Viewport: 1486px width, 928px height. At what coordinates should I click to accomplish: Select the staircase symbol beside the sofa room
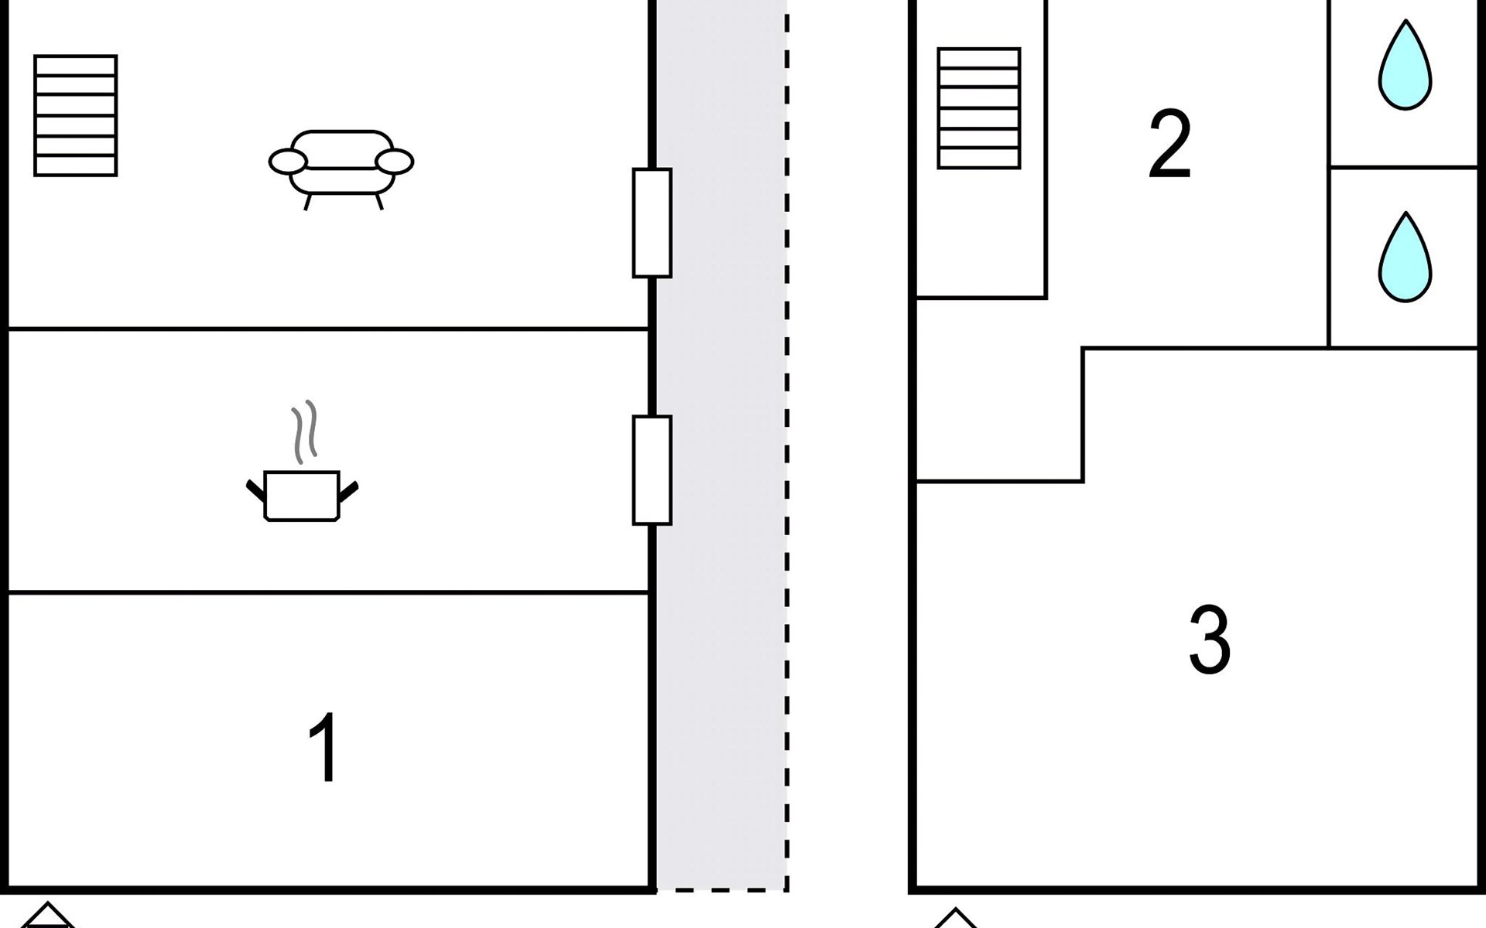tap(76, 116)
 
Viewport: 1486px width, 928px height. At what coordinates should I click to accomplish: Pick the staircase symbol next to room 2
tap(979, 108)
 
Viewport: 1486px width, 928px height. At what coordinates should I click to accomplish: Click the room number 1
tap(324, 748)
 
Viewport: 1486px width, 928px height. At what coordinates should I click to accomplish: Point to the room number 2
tap(1169, 145)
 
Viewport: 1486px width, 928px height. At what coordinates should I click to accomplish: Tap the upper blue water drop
tap(1405, 65)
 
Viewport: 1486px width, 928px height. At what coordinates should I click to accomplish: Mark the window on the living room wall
tap(652, 223)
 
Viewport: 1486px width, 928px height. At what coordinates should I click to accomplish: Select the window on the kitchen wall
tap(652, 470)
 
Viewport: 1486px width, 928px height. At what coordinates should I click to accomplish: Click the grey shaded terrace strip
tap(721, 445)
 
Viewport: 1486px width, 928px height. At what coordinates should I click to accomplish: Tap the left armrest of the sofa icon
tap(288, 162)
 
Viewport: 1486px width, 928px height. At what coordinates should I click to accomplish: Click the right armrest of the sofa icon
tap(395, 162)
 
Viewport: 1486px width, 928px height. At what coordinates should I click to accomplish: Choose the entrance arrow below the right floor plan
tap(956, 918)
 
